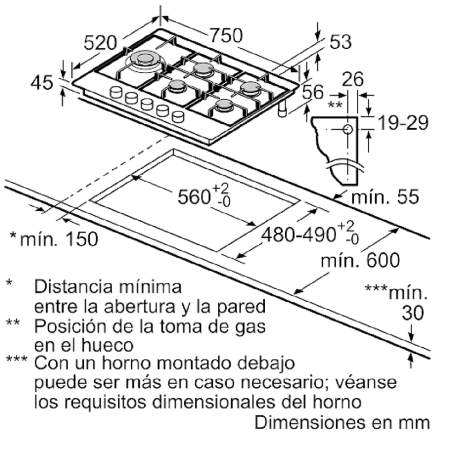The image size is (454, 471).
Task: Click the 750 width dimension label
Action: tap(226, 35)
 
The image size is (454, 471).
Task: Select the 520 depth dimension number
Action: tap(100, 43)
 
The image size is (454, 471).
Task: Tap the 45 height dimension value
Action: tap(42, 83)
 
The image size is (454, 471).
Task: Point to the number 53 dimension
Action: tap(341, 42)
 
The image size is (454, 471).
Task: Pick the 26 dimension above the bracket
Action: tap(353, 79)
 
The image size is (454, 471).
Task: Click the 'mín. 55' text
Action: tap(385, 197)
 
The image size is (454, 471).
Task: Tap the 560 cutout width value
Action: tap(194, 197)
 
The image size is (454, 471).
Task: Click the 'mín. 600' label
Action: tap(361, 260)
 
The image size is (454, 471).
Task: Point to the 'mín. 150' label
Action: tap(59, 239)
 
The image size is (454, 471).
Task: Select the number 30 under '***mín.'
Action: tap(413, 313)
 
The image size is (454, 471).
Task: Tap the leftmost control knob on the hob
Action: tap(116, 92)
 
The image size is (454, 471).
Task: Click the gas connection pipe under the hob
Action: tap(282, 109)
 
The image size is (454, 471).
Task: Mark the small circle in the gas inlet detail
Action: tap(348, 129)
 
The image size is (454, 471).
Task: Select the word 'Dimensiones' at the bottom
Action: tap(309, 422)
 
